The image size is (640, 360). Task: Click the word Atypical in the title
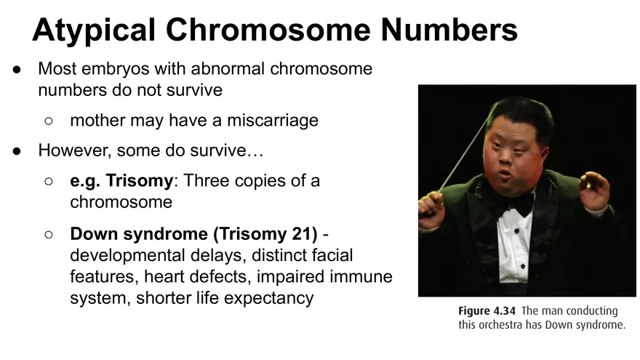pyautogui.click(x=92, y=30)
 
